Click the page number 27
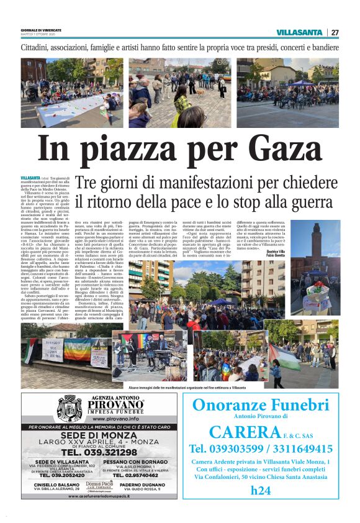pos(335,32)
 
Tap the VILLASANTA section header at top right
pos(299,32)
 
